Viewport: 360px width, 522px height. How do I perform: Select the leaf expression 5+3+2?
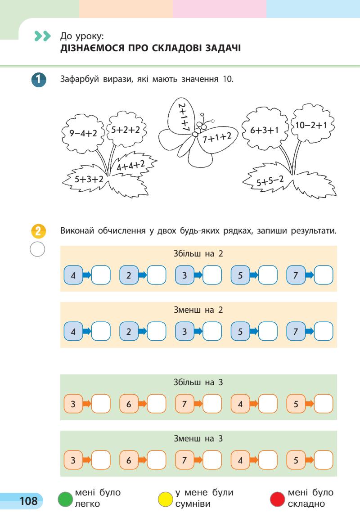[x=89, y=179]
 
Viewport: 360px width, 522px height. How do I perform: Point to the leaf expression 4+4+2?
[x=130, y=166]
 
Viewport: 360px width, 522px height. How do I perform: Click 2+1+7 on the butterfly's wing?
[x=183, y=117]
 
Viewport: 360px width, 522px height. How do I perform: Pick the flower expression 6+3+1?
[x=265, y=130]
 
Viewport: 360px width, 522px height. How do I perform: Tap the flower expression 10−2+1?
[x=309, y=126]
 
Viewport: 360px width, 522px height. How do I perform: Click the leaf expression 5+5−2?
[x=270, y=181]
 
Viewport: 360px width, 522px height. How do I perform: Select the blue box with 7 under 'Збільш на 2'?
[x=296, y=274]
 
